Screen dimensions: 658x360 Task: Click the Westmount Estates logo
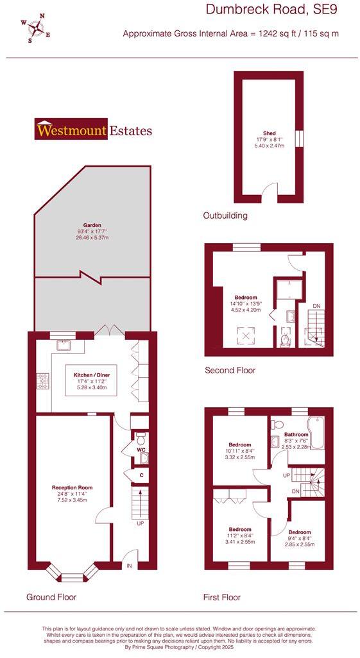94,130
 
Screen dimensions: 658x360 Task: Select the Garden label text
92,226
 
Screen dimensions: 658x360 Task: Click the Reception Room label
72,487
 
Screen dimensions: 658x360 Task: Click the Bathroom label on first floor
296,434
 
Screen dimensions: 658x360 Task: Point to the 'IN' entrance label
129,565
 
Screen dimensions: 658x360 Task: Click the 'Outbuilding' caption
225,215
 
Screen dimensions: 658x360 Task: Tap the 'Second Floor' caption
230,370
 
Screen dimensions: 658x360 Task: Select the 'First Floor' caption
222,597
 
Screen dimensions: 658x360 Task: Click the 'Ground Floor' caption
51,597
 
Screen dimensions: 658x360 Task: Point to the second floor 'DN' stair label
316,307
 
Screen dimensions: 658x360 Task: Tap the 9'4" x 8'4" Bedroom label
300,532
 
